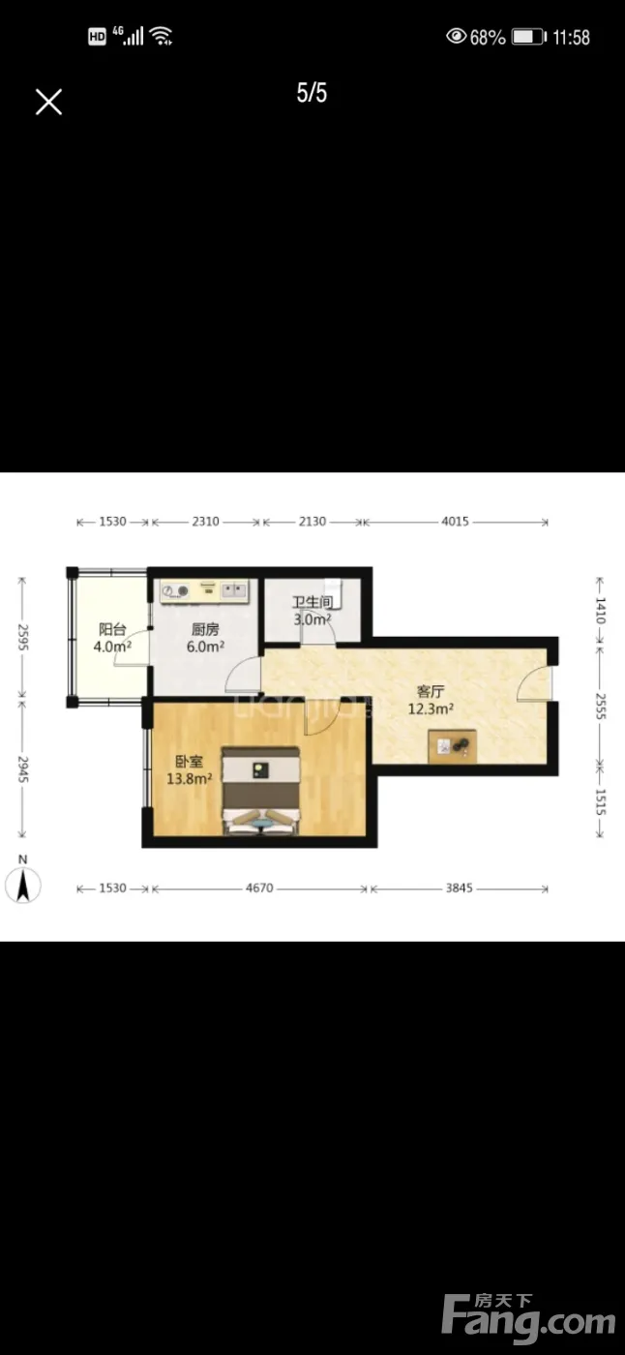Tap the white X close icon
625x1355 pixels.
point(49,102)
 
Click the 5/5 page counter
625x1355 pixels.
point(312,93)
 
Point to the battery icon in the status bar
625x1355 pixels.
point(529,37)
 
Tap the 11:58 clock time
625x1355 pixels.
point(571,38)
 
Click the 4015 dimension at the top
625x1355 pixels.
point(455,522)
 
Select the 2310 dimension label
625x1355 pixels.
point(205,522)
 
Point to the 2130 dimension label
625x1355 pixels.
point(312,522)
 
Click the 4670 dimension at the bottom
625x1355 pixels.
point(259,888)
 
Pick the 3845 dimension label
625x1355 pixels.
point(460,888)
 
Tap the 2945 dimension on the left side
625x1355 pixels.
point(23,768)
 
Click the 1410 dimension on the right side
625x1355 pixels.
point(600,611)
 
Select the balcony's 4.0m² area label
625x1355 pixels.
point(112,647)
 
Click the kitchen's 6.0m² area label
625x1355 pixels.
point(205,647)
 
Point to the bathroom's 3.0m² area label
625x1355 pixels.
point(312,619)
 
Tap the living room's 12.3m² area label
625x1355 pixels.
point(431,708)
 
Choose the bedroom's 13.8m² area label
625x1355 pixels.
point(190,778)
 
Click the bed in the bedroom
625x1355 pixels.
point(260,791)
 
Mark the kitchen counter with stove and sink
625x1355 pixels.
point(204,591)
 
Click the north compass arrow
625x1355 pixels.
point(23,886)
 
